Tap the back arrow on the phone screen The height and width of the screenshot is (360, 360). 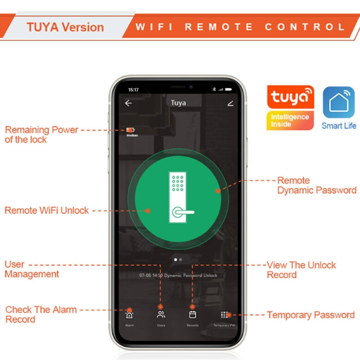pyautogui.click(x=129, y=103)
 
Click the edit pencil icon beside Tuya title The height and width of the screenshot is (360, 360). pyautogui.click(x=230, y=103)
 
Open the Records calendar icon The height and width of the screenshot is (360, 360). pyautogui.click(x=193, y=315)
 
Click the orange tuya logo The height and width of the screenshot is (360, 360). pyautogui.click(x=290, y=97)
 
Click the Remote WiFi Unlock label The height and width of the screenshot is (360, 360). pyautogui.click(x=47, y=211)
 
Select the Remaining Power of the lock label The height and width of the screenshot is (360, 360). pyautogui.click(x=41, y=135)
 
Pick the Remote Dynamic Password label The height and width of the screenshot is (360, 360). pyautogui.click(x=316, y=185)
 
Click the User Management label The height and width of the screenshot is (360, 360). pyautogui.click(x=31, y=269)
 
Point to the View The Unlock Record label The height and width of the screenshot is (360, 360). pyautogui.click(x=301, y=270)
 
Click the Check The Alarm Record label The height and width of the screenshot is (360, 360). pyautogui.click(x=40, y=315)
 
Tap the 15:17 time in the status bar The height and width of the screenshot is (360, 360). pyautogui.click(x=134, y=90)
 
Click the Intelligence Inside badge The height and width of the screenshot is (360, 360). pyautogui.click(x=290, y=121)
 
